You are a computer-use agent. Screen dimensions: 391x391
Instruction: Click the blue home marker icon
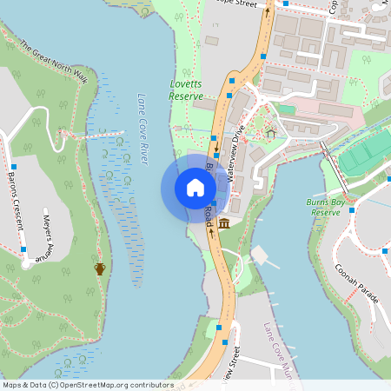[195, 188]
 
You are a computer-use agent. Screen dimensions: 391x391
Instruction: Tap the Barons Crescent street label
[15, 201]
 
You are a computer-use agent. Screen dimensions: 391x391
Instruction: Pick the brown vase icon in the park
[100, 268]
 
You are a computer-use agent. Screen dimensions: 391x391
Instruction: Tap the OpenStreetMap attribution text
[88, 385]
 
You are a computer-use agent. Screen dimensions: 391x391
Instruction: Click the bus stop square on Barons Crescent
[13, 165]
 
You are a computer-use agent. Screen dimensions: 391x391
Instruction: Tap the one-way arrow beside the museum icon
[210, 232]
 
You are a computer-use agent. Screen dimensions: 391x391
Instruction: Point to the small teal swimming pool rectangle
[286, 109]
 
